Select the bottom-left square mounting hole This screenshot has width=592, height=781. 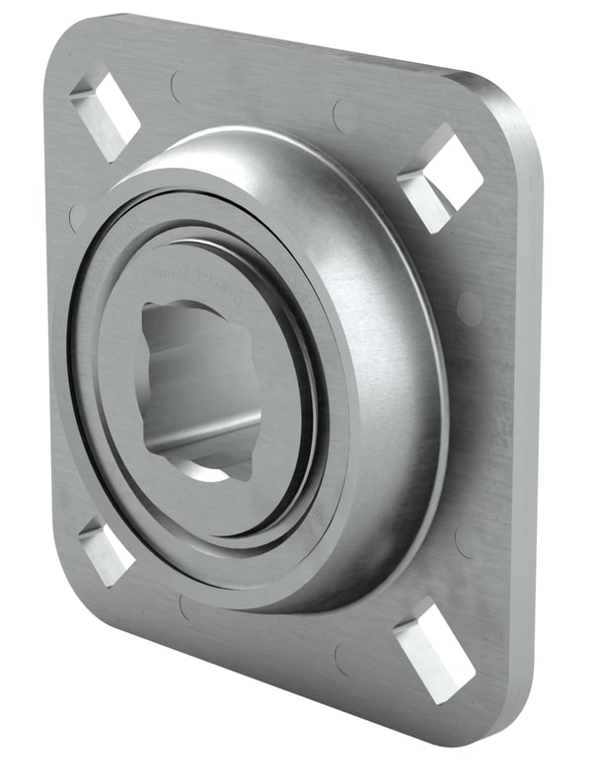click(x=106, y=553)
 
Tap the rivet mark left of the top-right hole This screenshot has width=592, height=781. click(x=345, y=115)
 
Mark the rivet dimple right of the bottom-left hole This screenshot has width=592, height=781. click(x=187, y=607)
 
